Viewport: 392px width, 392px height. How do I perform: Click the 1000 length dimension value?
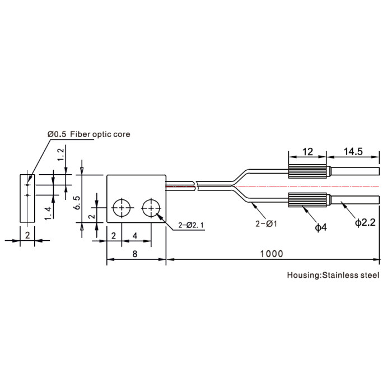coord(272,254)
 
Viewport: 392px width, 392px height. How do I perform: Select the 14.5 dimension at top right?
coord(353,152)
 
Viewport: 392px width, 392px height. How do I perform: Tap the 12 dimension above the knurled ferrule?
coord(307,152)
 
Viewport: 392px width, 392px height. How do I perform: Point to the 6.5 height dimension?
coord(77,203)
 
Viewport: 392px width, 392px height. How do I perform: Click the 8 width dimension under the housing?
coord(135,254)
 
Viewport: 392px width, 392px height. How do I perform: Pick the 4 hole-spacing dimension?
coord(135,236)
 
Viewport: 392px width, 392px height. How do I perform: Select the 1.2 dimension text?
coord(60,155)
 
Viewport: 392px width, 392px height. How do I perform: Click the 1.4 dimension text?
coord(48,213)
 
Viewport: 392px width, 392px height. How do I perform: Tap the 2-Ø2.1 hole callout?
coord(191,225)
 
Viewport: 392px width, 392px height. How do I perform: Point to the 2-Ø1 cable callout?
coord(266,224)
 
